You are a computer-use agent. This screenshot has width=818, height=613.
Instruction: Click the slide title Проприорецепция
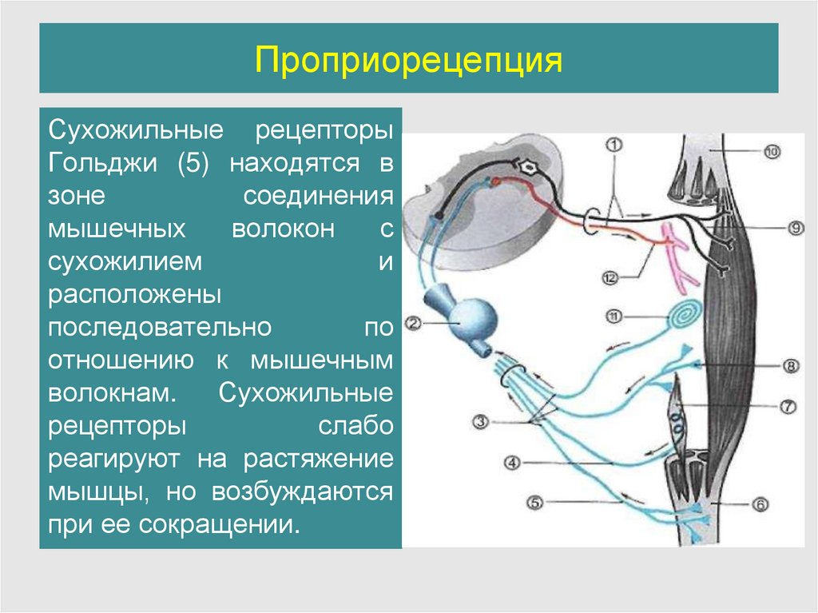[x=408, y=60]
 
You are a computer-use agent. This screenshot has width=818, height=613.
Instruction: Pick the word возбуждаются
[x=302, y=492]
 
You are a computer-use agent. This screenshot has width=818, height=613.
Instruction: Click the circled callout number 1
[x=613, y=145]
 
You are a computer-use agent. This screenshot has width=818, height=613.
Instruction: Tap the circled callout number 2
[x=413, y=324]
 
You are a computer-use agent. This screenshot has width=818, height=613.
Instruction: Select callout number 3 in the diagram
[x=480, y=421]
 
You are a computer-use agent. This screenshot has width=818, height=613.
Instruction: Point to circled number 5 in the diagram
[x=535, y=503]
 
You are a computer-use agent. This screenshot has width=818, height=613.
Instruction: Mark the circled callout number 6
[x=760, y=504]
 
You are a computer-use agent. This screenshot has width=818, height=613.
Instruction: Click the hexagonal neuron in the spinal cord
[x=528, y=169]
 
